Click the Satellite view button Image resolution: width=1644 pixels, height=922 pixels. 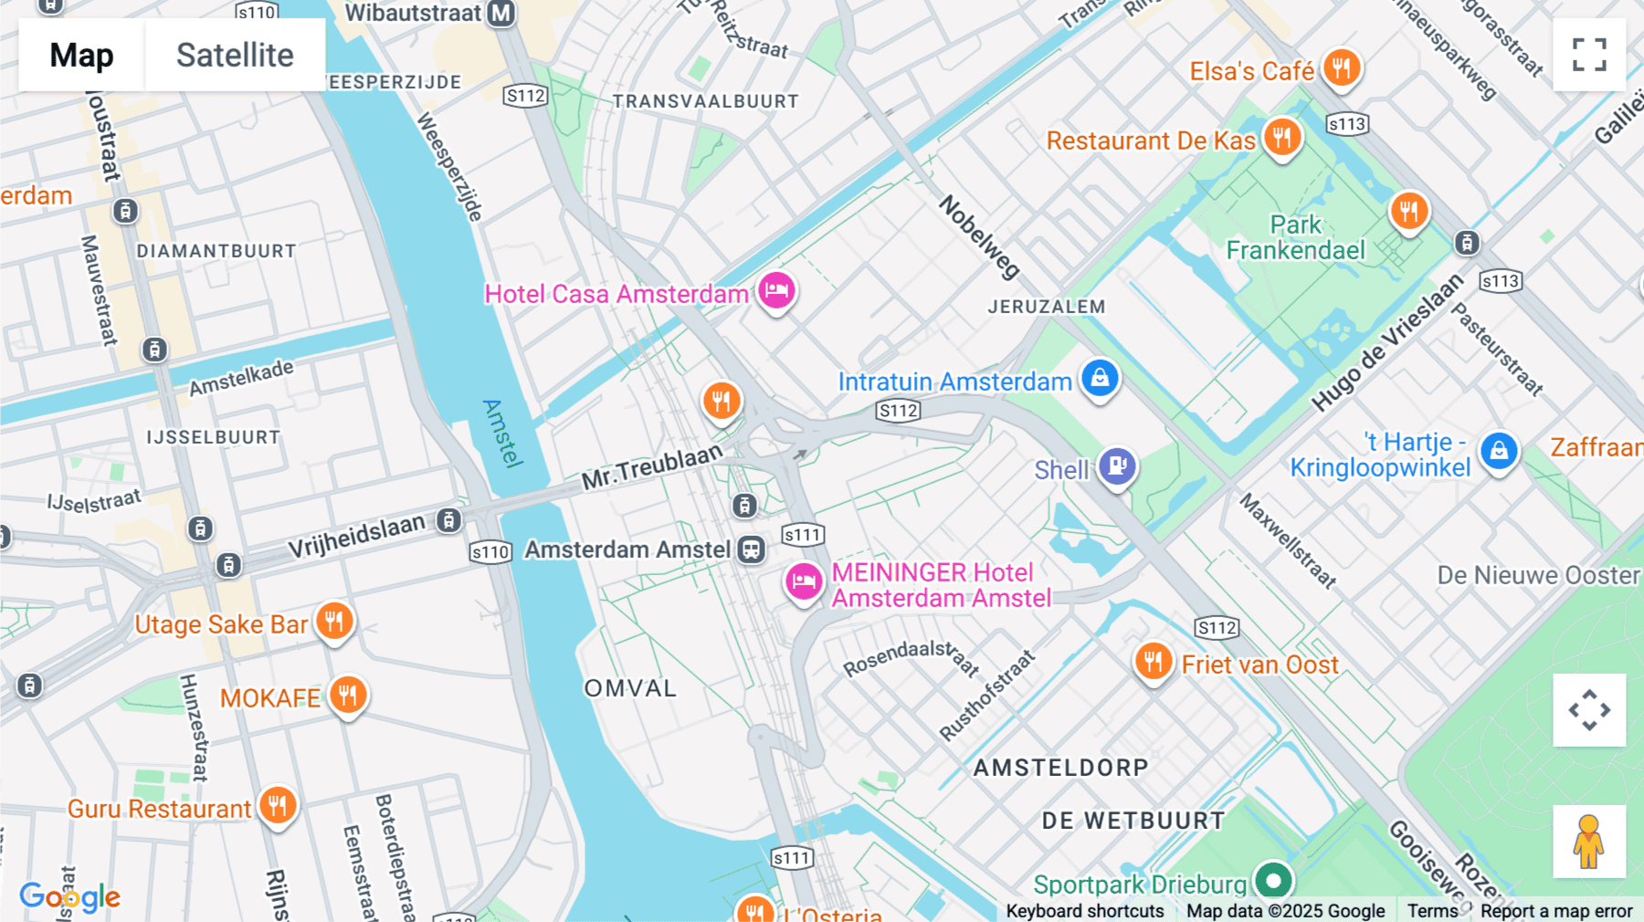pos(235,55)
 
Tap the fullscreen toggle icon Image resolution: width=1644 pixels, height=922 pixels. pos(1589,55)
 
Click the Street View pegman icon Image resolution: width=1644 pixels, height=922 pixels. pos(1589,842)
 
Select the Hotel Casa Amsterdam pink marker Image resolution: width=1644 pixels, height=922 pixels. pos(776,291)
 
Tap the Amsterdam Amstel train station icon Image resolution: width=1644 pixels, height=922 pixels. pos(752,550)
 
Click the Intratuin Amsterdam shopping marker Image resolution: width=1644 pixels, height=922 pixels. pos(1100,378)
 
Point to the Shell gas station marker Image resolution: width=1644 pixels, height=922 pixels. pos(1117,466)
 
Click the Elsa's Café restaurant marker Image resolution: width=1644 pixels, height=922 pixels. pos(1341,68)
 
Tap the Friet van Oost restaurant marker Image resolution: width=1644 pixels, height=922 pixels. pos(1154,661)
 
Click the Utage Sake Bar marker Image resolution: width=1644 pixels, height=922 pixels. pos(334,622)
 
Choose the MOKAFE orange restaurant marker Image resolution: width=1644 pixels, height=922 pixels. pos(347,696)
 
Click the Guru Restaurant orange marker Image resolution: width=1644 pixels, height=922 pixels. pos(278,806)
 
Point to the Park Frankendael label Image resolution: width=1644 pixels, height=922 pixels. pos(1295,237)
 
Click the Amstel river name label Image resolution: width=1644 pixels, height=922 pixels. pos(501,433)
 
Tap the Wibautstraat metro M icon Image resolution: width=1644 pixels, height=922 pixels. pos(501,14)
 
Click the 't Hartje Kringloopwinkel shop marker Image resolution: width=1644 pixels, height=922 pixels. pos(1499,451)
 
